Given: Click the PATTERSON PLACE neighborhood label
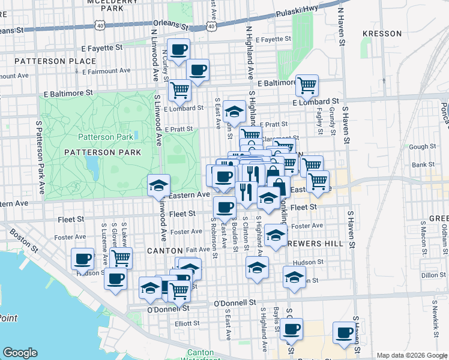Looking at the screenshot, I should tap(55, 61).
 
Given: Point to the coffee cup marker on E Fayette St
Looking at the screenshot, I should tap(178, 50).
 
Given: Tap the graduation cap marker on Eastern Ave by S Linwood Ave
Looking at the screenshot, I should tap(159, 185).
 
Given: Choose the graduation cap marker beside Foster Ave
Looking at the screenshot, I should tap(276, 235).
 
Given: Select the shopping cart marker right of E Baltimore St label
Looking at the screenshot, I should tap(307, 85).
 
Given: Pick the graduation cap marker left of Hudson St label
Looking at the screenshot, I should tap(257, 267).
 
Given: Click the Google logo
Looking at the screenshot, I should tap(20, 353).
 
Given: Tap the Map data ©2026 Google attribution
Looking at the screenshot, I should tap(411, 355).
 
